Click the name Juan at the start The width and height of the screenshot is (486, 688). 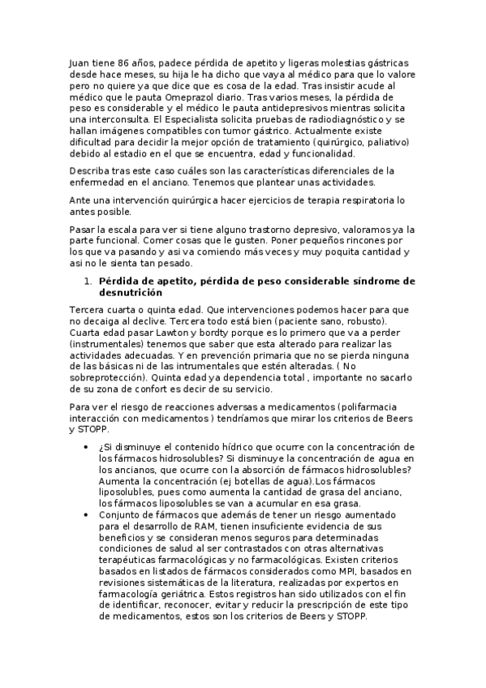coord(80,62)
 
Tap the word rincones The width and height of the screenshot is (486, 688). coord(376,240)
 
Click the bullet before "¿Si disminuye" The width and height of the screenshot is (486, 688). coord(86,447)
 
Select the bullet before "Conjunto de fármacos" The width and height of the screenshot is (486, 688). coord(86,515)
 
